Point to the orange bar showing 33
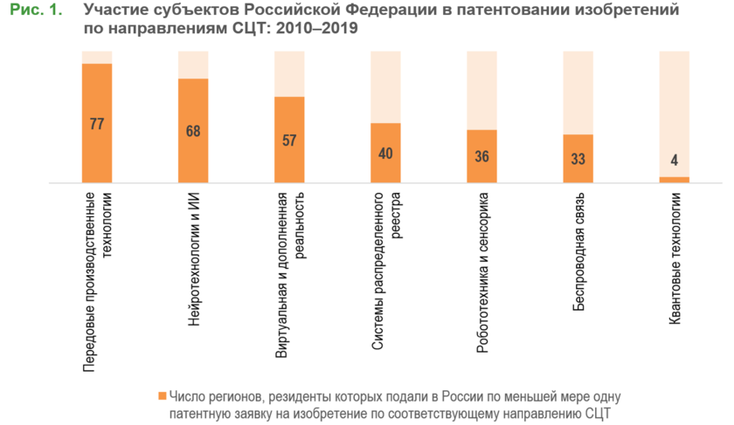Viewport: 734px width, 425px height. [x=578, y=174]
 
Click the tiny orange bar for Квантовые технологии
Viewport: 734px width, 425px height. [x=674, y=180]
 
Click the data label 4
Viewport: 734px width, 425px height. [x=674, y=160]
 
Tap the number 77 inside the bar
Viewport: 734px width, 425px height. [x=97, y=124]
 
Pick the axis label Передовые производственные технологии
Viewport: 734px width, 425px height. [x=96, y=284]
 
